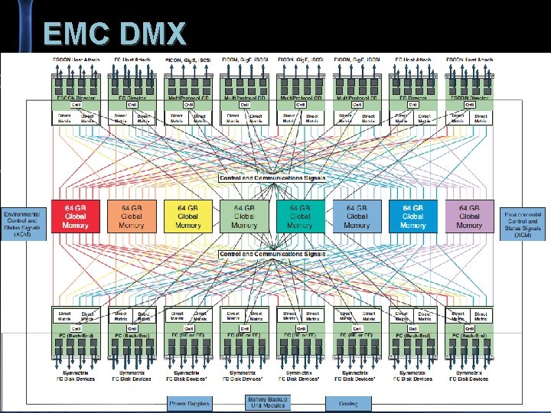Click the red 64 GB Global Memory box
click(x=75, y=216)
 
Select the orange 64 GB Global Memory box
click(x=132, y=216)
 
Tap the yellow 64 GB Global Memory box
click(x=187, y=216)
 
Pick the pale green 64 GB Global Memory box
click(x=244, y=216)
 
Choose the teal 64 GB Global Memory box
click(x=300, y=216)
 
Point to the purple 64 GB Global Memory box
click(x=469, y=216)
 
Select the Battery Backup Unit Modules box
click(x=267, y=402)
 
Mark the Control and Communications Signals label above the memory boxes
click(x=272, y=178)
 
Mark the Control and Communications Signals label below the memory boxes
click(x=272, y=254)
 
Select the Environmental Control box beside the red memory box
click(x=24, y=224)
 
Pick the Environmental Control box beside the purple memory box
click(x=523, y=224)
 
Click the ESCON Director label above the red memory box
click(x=75, y=98)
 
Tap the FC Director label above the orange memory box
click(x=132, y=98)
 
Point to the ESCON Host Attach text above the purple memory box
click(x=469, y=59)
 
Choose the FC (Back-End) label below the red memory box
click(x=75, y=336)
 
